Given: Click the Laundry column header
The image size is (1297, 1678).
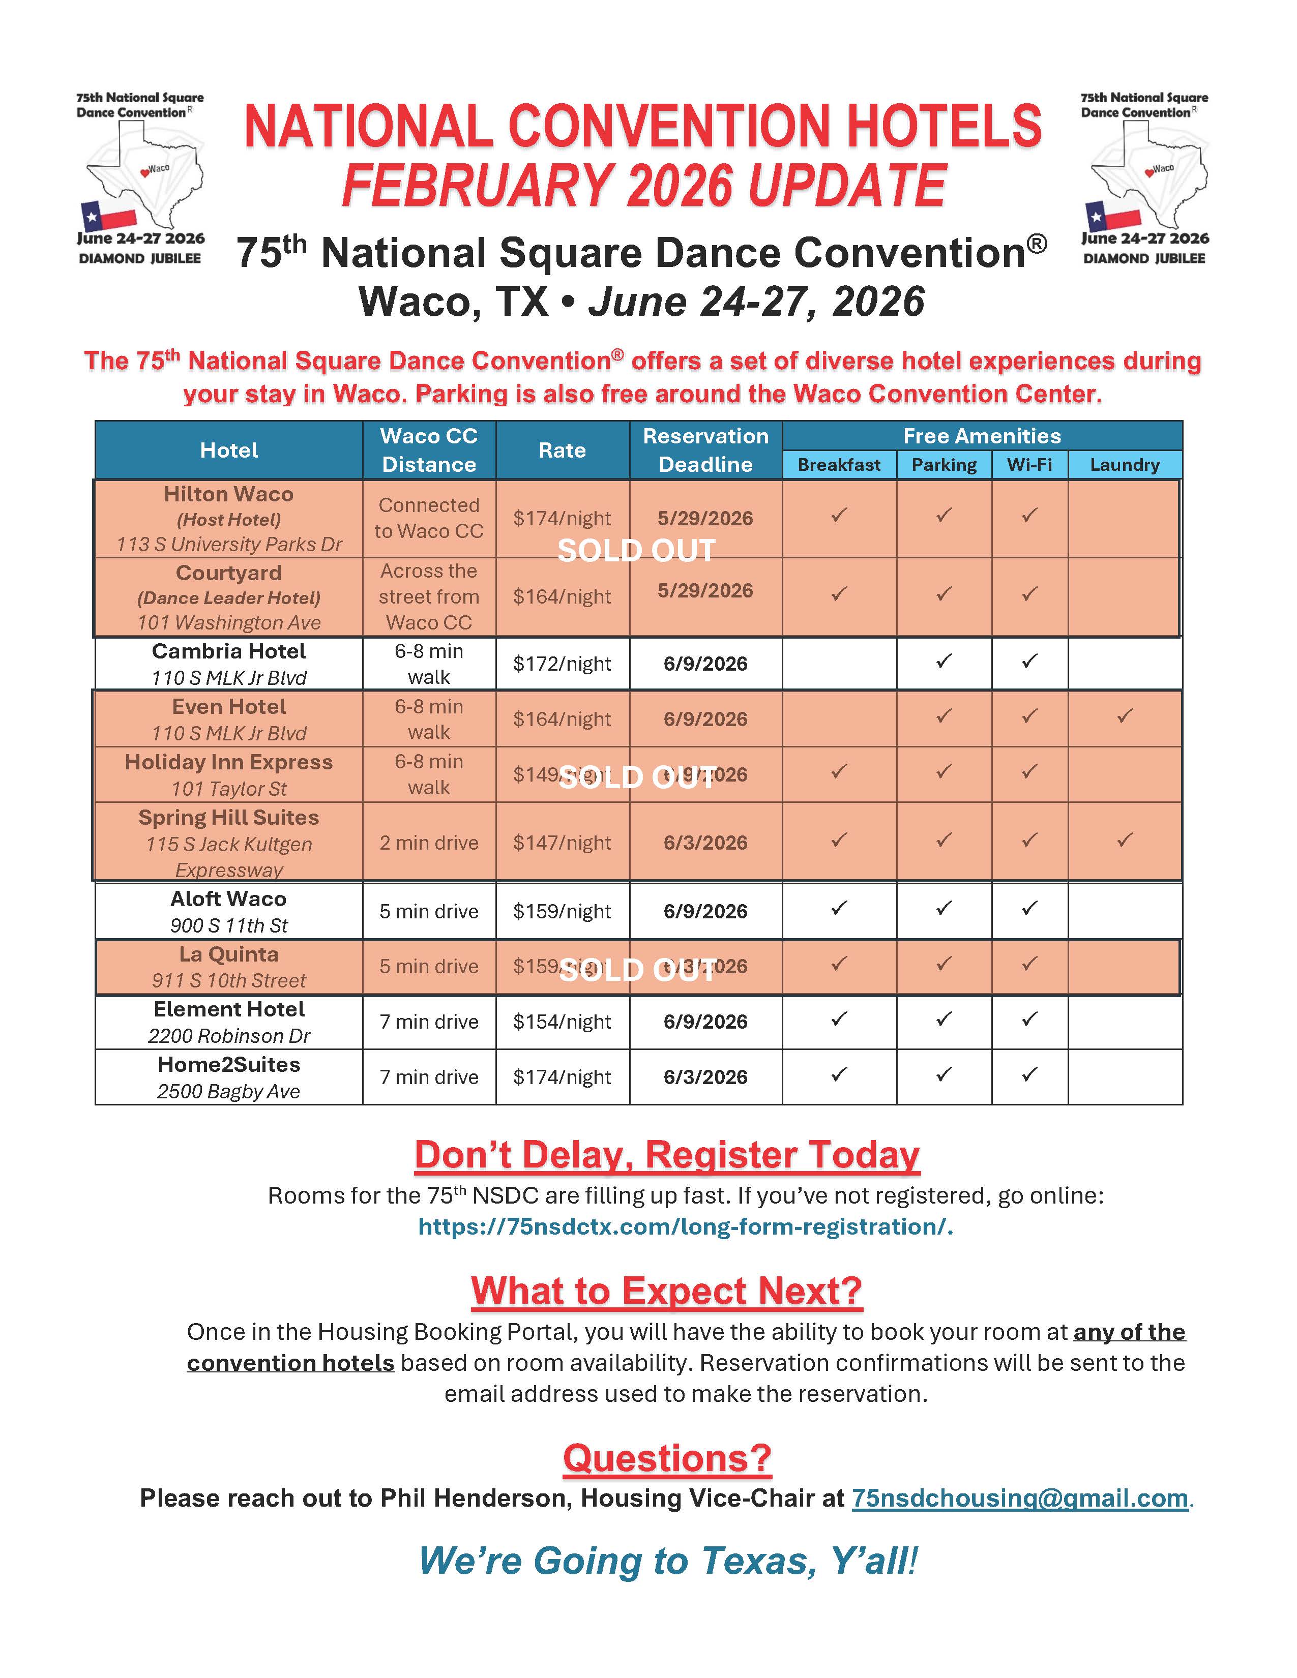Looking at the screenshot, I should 1124,465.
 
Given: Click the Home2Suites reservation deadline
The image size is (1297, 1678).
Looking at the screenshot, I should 705,1077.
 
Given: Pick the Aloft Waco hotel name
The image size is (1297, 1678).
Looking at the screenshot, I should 228,899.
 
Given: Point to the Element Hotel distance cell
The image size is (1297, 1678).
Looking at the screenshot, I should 429,1022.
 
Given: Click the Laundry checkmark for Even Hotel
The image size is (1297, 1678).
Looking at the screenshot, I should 1124,716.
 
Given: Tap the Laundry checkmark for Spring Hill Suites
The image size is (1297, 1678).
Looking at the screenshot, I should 1124,840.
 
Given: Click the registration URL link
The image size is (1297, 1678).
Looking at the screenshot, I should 686,1226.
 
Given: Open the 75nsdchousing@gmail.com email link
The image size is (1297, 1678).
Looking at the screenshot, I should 1020,1497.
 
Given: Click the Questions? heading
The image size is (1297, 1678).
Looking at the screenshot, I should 667,1458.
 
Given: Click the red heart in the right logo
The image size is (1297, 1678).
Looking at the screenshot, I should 1148,172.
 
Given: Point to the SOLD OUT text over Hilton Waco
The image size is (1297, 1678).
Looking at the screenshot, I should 636,551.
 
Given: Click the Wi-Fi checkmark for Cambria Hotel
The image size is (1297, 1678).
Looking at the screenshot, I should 1029,661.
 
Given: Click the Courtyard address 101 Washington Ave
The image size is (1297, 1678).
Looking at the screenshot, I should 229,622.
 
